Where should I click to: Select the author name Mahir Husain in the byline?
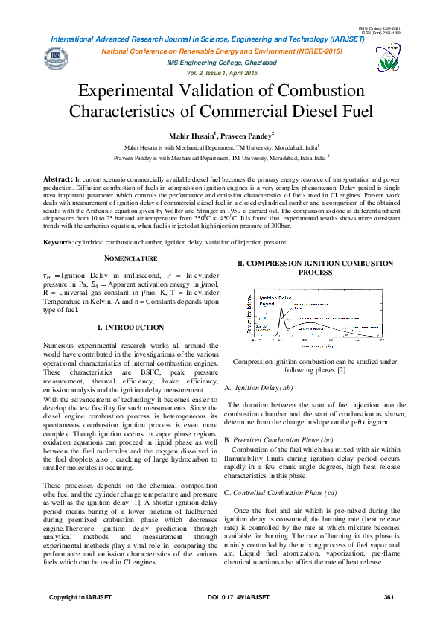pyautogui.click(x=181, y=136)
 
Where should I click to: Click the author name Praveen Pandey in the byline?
pyautogui.click(x=247, y=136)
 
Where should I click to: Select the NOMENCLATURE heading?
pyautogui.click(x=130, y=258)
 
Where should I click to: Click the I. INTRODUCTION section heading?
pyautogui.click(x=130, y=327)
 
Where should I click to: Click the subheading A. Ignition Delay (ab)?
pyautogui.click(x=258, y=388)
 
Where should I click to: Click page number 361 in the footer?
pyautogui.click(x=388, y=598)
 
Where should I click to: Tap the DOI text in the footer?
pyautogui.click(x=238, y=598)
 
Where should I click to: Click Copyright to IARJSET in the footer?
pyautogui.click(x=81, y=598)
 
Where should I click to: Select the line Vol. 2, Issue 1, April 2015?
pyautogui.click(x=221, y=73)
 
